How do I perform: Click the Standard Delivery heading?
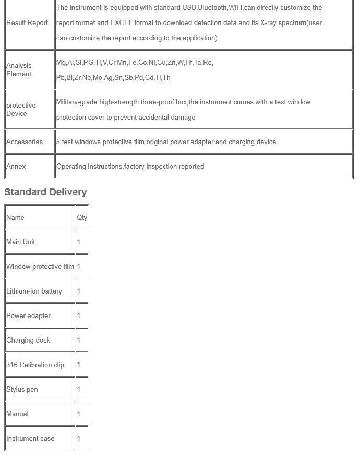pos(45,192)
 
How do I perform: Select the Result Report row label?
pos(27,23)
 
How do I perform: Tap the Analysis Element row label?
pos(19,69)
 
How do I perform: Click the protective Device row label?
pos(21,109)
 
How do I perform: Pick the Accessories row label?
pos(25,142)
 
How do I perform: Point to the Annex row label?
pos(16,167)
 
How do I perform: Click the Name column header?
pos(15,218)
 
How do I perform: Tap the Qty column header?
pos(82,218)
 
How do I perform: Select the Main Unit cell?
pos(21,242)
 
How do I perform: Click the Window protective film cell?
pos(40,267)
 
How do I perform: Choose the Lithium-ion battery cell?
pos(34,291)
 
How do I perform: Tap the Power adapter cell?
pos(28,316)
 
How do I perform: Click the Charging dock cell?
pos(28,341)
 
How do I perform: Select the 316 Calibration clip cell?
pos(35,365)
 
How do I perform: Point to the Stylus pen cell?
pos(22,390)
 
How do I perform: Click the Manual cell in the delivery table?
pos(17,414)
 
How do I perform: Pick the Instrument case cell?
pos(30,439)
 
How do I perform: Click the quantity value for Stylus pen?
pos(79,390)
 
